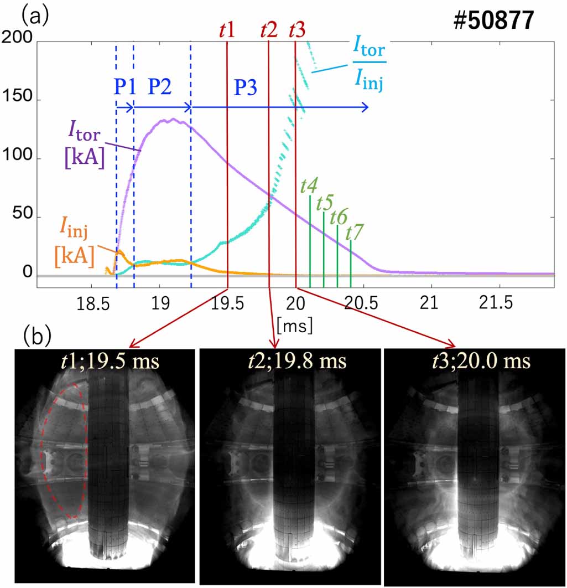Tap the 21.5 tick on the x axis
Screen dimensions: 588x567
click(x=500, y=305)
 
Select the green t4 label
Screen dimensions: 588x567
click(x=308, y=185)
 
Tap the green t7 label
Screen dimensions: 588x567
click(x=353, y=232)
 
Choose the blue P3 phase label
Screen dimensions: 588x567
click(x=246, y=87)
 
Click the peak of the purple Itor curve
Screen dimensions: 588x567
click(x=173, y=119)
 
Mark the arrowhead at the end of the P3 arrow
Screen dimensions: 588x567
click(x=366, y=107)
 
